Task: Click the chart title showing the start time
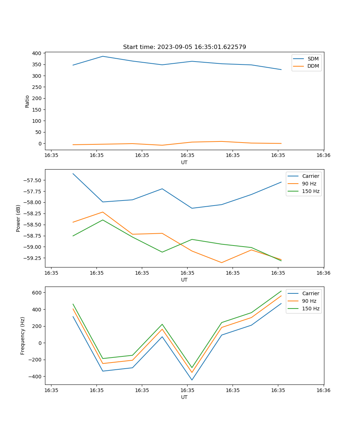[x=184, y=47]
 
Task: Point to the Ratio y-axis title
[x=27, y=101]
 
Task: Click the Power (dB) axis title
[x=18, y=218]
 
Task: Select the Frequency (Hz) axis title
[x=23, y=336]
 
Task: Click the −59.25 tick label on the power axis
[x=33, y=258]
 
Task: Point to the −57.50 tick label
[x=33, y=180]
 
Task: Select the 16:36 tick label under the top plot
[x=323, y=156]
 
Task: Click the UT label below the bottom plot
[x=184, y=397]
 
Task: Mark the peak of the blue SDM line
[x=103, y=56]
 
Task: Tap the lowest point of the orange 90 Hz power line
[x=222, y=262]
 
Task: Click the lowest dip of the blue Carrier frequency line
[x=192, y=380]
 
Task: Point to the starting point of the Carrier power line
[x=73, y=174]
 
